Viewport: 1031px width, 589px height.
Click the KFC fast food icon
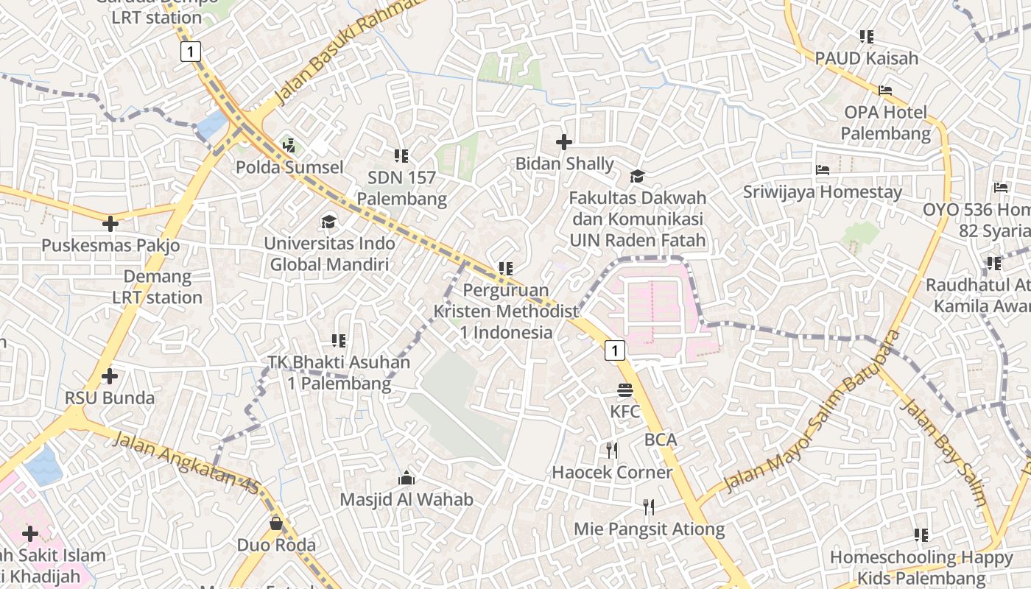[x=625, y=390]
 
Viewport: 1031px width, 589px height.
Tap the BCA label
[x=660, y=440]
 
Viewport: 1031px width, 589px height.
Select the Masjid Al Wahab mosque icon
[x=407, y=479]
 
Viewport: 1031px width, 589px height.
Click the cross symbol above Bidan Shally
[x=564, y=142]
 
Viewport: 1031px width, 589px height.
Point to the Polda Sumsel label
[x=289, y=167]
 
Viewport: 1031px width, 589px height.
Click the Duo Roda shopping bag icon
[x=276, y=523]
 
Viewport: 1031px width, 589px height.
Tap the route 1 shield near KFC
[x=615, y=350]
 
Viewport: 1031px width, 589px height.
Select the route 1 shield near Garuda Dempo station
[x=191, y=52]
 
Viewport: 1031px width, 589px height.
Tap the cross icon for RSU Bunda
[x=110, y=377]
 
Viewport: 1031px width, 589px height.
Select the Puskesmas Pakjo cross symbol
[x=110, y=223]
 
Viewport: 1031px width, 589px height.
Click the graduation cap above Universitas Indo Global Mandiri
[x=328, y=222]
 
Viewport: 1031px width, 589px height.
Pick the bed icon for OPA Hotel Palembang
[x=885, y=91]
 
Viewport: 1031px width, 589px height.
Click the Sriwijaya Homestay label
[x=822, y=192]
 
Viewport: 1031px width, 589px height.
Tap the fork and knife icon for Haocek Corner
[x=612, y=450]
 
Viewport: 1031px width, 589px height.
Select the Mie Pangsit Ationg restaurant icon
[x=649, y=507]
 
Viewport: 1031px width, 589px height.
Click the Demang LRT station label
[x=157, y=287]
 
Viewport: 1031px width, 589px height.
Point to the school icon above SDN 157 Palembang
[x=401, y=155]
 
